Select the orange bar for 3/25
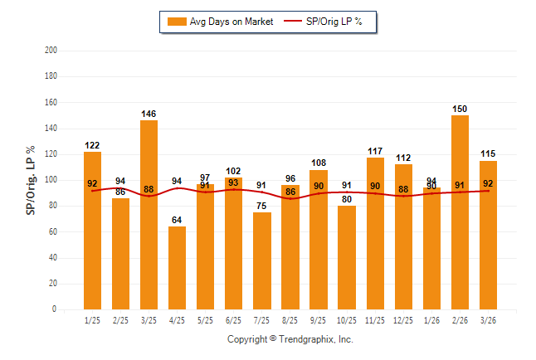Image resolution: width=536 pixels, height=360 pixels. pyautogui.click(x=149, y=216)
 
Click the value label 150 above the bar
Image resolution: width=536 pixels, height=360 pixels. pyautogui.click(x=460, y=109)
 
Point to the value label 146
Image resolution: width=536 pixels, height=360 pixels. pyautogui.click(x=149, y=114)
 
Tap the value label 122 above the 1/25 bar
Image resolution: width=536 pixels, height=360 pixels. pyautogui.click(x=92, y=145)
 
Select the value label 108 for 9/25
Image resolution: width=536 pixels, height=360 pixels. pyautogui.click(x=319, y=163)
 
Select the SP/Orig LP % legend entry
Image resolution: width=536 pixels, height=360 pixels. pyautogui.click(x=326, y=22)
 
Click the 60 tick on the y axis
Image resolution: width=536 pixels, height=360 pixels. pyautogui.click(x=53, y=231)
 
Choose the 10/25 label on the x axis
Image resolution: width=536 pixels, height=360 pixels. pyautogui.click(x=347, y=320)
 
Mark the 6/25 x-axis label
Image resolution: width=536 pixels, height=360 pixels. pyautogui.click(x=234, y=320)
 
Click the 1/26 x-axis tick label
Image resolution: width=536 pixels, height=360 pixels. pyautogui.click(x=431, y=320)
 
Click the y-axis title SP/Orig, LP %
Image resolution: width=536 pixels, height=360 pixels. pyautogui.click(x=31, y=180)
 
